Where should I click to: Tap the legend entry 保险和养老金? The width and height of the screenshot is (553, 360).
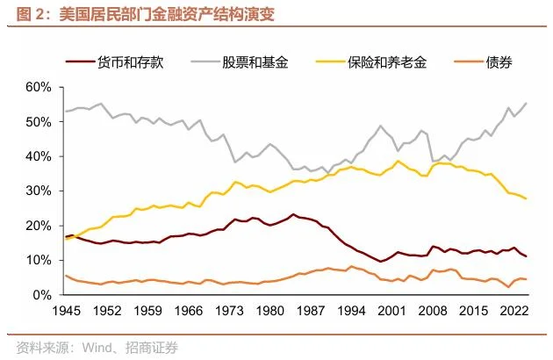(386, 62)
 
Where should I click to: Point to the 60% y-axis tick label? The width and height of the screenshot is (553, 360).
(39, 87)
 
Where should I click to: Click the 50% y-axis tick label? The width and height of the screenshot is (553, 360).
(39, 122)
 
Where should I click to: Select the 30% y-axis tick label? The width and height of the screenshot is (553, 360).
(39, 191)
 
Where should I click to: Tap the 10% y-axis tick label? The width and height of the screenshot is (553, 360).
(39, 261)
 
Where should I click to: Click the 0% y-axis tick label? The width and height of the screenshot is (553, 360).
(43, 295)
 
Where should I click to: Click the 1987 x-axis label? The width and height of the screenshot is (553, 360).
(311, 312)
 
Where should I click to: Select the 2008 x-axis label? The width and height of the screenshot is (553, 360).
(434, 312)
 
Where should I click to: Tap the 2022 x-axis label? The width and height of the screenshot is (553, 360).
(515, 312)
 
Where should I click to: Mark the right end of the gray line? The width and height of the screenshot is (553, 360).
(527, 104)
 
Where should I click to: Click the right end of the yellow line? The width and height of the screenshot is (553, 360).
(527, 198)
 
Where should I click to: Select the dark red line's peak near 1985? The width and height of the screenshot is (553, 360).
(293, 214)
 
